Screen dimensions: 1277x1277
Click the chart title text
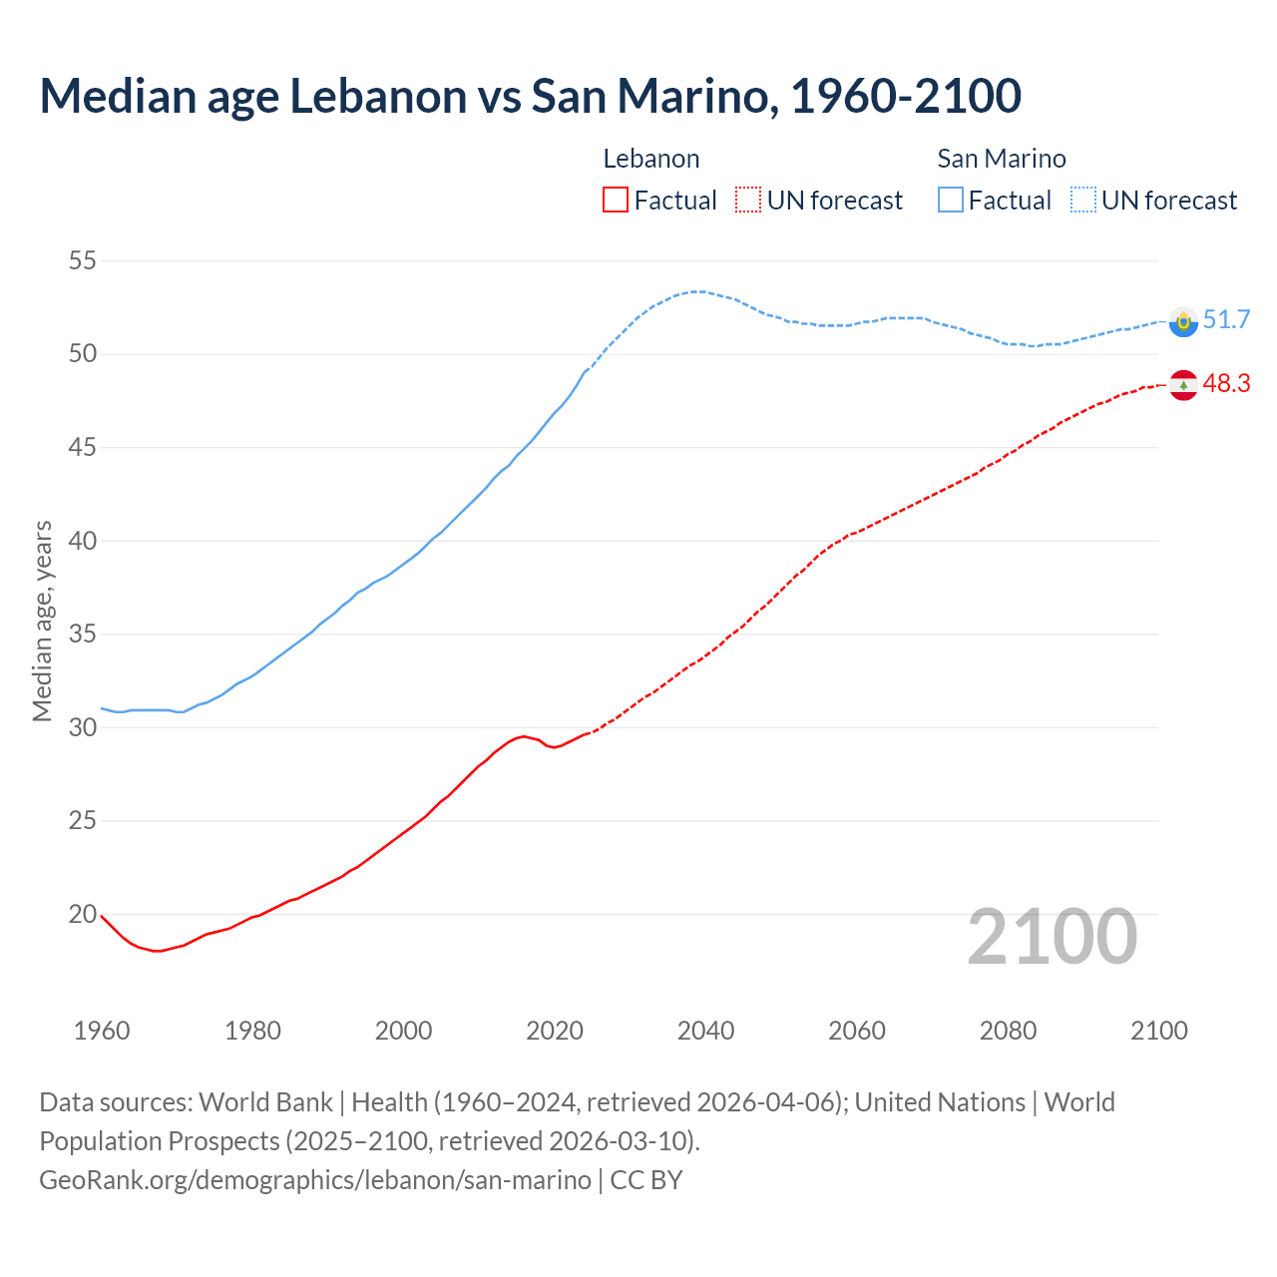click(x=530, y=96)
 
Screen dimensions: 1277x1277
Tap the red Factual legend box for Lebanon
click(x=616, y=201)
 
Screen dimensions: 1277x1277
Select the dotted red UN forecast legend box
click(x=748, y=201)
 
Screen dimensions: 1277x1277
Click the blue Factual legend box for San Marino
click(x=951, y=201)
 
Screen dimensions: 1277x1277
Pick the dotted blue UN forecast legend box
click(x=1083, y=201)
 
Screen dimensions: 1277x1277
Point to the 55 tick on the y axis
click(x=83, y=261)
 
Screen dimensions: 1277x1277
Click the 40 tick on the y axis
click(x=83, y=542)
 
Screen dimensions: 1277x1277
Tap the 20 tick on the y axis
click(x=83, y=915)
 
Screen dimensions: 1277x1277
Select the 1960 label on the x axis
click(x=102, y=1031)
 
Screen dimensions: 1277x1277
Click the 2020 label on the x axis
click(x=555, y=1031)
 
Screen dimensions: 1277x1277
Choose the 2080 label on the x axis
click(x=1008, y=1031)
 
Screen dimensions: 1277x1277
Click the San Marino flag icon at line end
click(x=1183, y=321)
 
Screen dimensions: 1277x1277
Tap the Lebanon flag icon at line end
click(x=1183, y=385)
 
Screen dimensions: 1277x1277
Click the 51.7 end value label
click(x=1226, y=320)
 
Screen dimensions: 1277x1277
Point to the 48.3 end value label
click(x=1226, y=384)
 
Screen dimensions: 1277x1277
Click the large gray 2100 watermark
click(x=1052, y=937)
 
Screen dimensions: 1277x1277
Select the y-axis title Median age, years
click(x=42, y=621)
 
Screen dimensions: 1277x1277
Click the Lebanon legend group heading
click(x=651, y=159)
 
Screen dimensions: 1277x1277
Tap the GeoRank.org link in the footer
click(x=314, y=1180)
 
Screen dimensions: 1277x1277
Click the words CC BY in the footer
click(x=646, y=1180)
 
